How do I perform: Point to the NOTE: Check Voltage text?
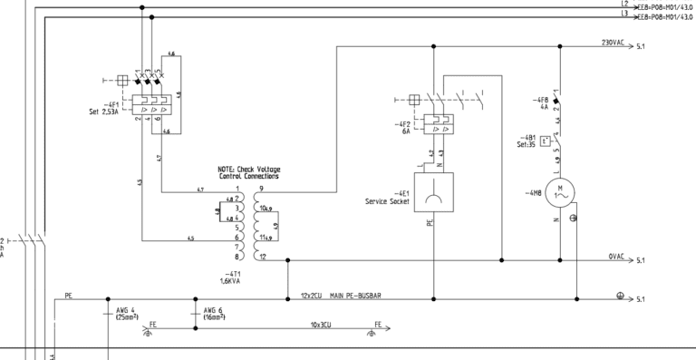[249, 170]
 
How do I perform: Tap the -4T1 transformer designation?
[233, 273]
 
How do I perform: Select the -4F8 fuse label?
[542, 100]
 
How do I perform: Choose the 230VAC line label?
[613, 42]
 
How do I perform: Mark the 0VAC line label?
[616, 257]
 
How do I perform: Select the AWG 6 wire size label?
[214, 309]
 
